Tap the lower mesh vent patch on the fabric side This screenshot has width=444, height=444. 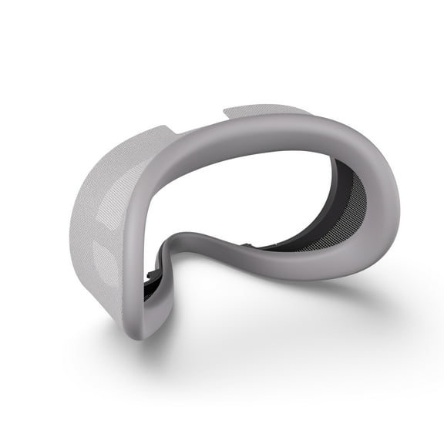click(103, 254)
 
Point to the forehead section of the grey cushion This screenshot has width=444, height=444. click(254, 139)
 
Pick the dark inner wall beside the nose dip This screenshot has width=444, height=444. click(166, 254)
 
